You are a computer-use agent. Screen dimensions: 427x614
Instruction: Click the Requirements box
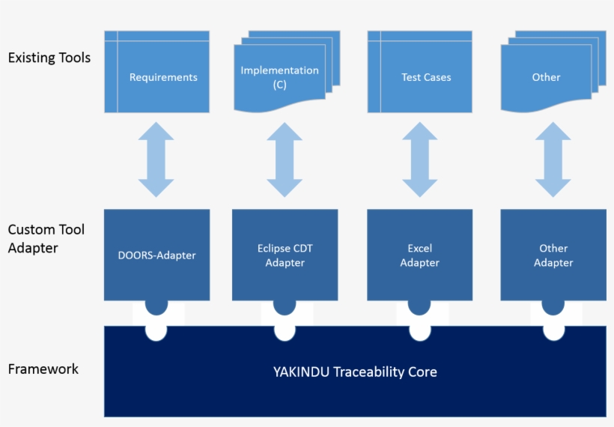point(157,73)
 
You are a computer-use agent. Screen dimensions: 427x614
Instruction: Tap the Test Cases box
point(420,73)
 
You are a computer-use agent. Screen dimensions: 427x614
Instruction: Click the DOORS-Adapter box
point(156,255)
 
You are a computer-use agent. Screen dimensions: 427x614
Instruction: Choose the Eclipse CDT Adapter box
point(285,255)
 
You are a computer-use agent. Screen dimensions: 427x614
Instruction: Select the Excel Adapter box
point(420,255)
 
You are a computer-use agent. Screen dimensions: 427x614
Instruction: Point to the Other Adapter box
point(553,255)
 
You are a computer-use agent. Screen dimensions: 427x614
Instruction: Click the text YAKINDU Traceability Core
point(355,372)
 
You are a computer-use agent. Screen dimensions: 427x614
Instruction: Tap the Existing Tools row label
point(49,58)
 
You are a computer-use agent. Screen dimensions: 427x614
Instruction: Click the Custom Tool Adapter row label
point(46,238)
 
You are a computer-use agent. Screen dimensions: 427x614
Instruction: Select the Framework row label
point(43,369)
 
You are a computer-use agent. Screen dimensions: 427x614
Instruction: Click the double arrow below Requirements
point(156,160)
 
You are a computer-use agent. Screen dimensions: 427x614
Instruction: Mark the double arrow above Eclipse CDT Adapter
point(285,160)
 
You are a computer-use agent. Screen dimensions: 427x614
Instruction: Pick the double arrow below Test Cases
point(420,160)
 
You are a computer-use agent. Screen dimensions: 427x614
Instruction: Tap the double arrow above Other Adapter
point(553,160)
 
